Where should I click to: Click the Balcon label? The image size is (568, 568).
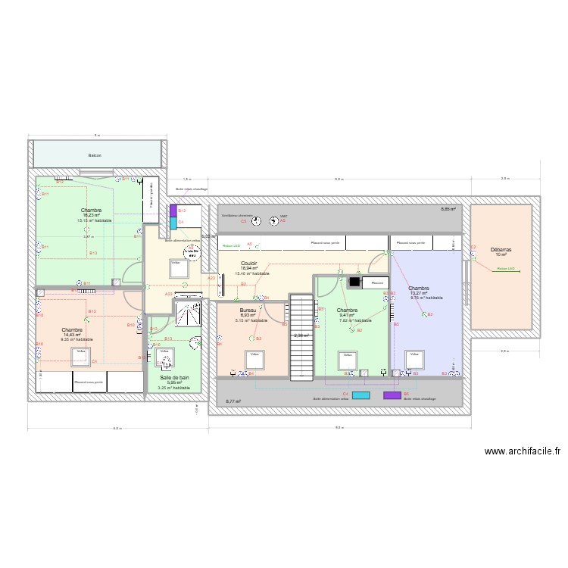[95, 155]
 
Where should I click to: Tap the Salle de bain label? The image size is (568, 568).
[175, 376]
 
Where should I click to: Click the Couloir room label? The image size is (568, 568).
[248, 263]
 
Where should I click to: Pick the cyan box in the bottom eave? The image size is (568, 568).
[361, 395]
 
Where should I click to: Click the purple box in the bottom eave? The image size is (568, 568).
[392, 395]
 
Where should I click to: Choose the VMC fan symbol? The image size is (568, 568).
[273, 220]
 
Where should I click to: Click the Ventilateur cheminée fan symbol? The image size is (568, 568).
[257, 220]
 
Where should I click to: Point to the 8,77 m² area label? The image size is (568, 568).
[232, 401]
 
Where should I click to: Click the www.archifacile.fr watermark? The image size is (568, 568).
[523, 451]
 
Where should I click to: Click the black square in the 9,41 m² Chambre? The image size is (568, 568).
[354, 282]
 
